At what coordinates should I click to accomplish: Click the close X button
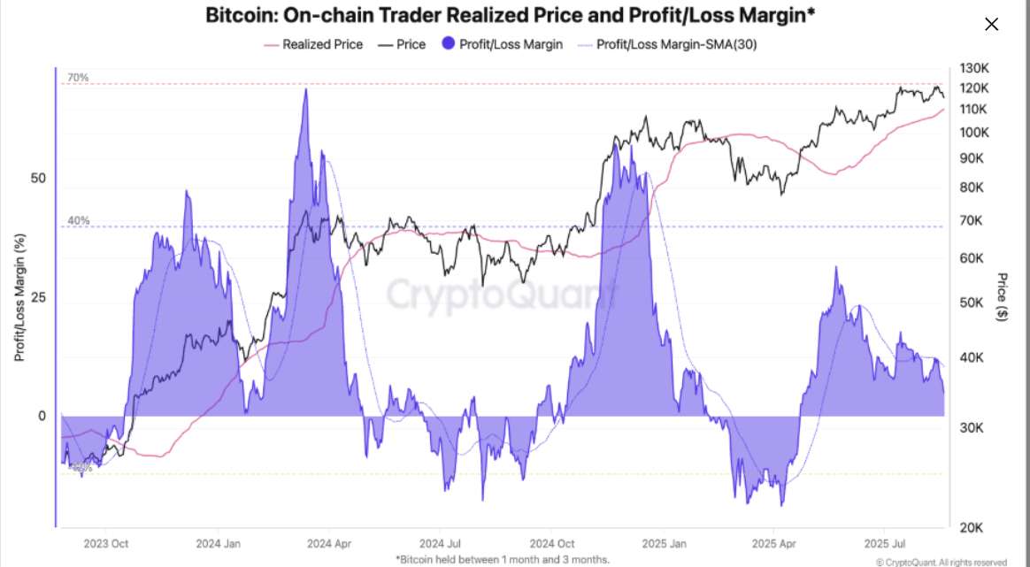pos(991,25)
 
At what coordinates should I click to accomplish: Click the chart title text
pos(510,15)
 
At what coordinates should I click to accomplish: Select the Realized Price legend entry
pos(313,44)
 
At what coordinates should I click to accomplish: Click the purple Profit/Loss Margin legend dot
pos(449,43)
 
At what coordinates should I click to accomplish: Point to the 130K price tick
pos(973,68)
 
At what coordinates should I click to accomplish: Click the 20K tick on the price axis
pos(972,527)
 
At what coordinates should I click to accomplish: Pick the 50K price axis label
pos(972,303)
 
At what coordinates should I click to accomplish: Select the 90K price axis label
pos(972,158)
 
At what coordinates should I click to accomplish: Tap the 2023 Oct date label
pos(106,543)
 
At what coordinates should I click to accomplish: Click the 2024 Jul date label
pos(440,543)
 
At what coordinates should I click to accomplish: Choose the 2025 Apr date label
pos(774,543)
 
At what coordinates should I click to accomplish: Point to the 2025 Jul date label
pos(885,543)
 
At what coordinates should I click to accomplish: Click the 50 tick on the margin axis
pos(38,178)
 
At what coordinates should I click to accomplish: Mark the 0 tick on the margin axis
pos(42,416)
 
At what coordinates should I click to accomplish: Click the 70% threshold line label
pos(78,78)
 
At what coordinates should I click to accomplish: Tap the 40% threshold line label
pos(78,220)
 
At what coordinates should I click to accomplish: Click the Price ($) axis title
pos(1003,296)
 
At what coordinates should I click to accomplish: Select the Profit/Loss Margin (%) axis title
pos(19,297)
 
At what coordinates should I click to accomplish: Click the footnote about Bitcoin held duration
pos(503,559)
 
